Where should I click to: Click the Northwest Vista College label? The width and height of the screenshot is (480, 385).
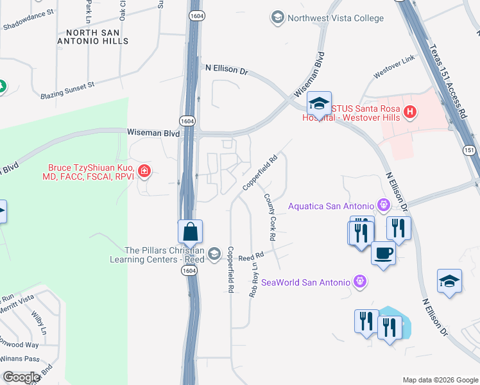click(x=336, y=18)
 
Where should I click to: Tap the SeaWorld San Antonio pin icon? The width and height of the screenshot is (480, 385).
click(x=360, y=282)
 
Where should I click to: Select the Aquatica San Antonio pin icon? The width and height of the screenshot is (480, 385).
click(x=384, y=205)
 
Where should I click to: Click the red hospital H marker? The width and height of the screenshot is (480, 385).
click(x=411, y=114)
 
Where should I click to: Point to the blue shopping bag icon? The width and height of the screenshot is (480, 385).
click(x=191, y=232)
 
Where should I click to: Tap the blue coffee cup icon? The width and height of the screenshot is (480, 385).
click(x=383, y=253)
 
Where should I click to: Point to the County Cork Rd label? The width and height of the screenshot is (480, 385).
click(x=270, y=218)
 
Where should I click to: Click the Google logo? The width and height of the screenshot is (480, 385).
click(x=21, y=377)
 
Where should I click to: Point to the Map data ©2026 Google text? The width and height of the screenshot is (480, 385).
click(x=440, y=380)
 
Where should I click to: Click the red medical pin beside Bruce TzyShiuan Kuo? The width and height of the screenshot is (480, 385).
click(x=146, y=171)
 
